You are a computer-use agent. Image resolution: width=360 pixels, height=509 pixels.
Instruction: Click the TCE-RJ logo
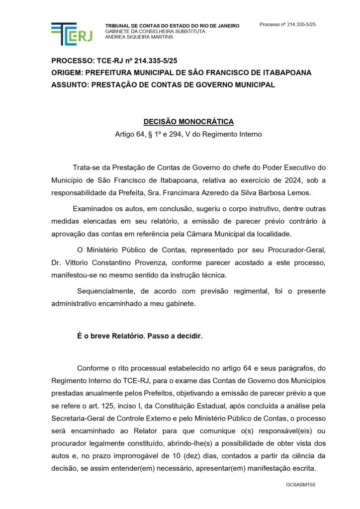pos(71,34)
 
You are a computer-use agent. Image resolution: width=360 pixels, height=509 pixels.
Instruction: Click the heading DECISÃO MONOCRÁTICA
pos(188,122)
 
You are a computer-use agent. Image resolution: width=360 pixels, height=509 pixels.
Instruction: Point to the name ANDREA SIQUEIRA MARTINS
pos(139,37)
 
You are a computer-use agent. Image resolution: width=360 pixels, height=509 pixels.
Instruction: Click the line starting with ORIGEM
pos(181,73)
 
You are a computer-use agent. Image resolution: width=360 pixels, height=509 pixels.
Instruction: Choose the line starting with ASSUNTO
pos(163,85)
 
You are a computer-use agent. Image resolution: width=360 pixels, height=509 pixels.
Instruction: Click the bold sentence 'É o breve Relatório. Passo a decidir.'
pos(140,336)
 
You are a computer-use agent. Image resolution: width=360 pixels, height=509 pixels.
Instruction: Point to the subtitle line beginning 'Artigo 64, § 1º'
pos(188,134)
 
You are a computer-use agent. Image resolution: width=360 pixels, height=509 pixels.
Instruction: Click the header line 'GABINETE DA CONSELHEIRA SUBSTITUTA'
pos(155,31)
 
